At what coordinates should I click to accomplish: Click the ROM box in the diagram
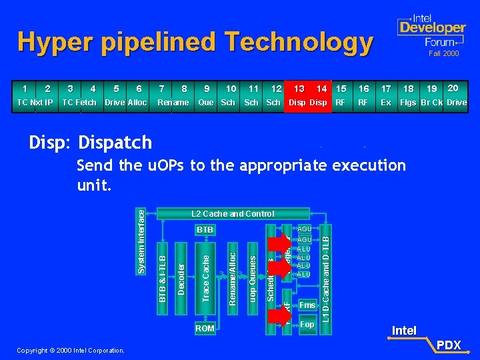click(205, 328)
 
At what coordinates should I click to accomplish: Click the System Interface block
click(141, 239)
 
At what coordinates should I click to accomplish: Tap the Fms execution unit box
click(307, 305)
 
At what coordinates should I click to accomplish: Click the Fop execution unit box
click(307, 325)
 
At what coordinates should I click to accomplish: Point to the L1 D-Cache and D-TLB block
click(325, 273)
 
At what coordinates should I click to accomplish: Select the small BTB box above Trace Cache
click(205, 229)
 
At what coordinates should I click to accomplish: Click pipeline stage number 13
click(299, 89)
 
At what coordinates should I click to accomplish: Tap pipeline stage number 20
click(453, 89)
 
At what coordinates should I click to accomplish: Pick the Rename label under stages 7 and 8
click(173, 103)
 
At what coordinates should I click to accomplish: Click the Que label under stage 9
click(206, 103)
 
